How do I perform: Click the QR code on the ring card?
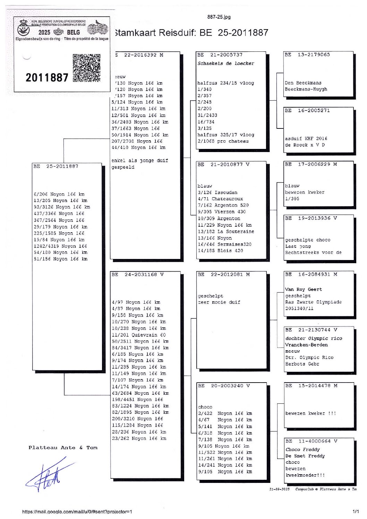point(87,68)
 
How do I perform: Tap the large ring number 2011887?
point(47,77)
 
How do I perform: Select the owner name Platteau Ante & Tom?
point(63,448)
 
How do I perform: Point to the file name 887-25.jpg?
point(219,17)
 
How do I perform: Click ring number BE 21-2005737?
point(220,55)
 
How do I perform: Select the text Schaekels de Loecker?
point(226,64)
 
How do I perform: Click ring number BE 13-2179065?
point(307,55)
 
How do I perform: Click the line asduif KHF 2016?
point(306,139)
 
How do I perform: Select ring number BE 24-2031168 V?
point(138,275)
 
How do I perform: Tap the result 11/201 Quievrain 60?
point(139,335)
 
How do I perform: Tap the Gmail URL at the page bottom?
point(77,512)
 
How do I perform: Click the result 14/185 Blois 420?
point(220,251)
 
